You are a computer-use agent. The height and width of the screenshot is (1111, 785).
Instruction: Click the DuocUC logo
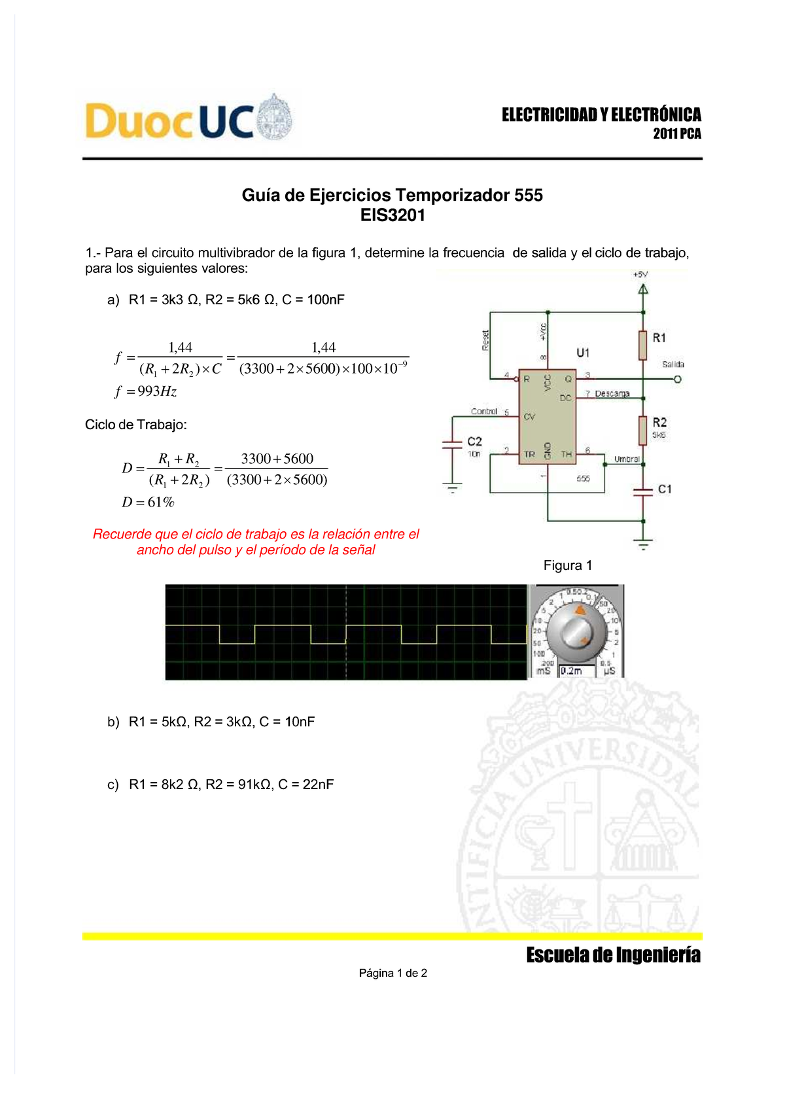click(x=188, y=120)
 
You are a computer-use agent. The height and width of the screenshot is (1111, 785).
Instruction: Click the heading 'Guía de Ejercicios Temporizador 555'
click(x=392, y=195)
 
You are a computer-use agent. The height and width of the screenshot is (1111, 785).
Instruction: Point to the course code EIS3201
click(x=392, y=215)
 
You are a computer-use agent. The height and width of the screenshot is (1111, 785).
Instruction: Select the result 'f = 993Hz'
click(x=145, y=391)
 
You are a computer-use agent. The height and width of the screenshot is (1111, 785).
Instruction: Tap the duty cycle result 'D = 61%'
click(x=148, y=503)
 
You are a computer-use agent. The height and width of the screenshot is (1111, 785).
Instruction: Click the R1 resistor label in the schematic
click(x=659, y=338)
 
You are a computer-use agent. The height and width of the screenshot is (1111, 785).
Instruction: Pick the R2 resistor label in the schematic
click(x=659, y=423)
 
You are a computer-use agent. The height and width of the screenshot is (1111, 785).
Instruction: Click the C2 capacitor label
click(x=474, y=442)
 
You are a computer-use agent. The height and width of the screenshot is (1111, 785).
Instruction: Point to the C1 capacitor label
click(x=665, y=489)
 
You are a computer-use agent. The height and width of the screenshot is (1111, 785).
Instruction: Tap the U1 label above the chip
click(x=583, y=353)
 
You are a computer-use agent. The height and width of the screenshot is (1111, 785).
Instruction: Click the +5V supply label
click(x=640, y=275)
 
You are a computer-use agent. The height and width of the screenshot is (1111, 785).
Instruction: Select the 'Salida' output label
click(x=672, y=364)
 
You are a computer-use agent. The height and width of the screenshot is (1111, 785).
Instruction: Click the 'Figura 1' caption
click(x=568, y=565)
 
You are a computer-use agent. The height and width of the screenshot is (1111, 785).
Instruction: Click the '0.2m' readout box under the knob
click(x=576, y=671)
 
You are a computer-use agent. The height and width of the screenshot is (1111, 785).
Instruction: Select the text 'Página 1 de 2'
click(x=392, y=973)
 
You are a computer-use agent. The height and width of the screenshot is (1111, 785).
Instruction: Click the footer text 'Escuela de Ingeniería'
click(x=613, y=955)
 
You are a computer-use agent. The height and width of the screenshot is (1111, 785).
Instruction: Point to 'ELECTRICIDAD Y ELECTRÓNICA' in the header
click(x=601, y=115)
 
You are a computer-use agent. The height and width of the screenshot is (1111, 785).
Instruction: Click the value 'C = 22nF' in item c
click(x=306, y=785)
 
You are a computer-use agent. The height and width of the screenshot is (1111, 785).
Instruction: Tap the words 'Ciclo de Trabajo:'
click(x=136, y=425)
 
